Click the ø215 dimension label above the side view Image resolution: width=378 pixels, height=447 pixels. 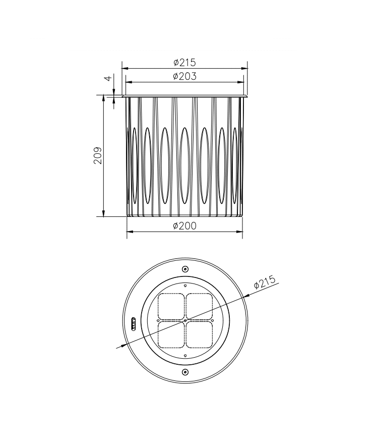184,62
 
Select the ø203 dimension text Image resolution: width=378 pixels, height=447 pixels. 184,76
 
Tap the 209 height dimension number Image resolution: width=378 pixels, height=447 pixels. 98,155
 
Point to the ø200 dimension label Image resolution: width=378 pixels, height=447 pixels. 184,226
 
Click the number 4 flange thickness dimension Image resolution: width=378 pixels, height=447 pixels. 108,78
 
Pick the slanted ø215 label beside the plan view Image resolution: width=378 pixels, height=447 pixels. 265,282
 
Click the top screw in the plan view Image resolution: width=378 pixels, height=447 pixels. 185,269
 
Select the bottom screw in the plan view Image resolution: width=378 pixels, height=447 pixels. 185,372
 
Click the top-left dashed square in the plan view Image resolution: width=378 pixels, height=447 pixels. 171,306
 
